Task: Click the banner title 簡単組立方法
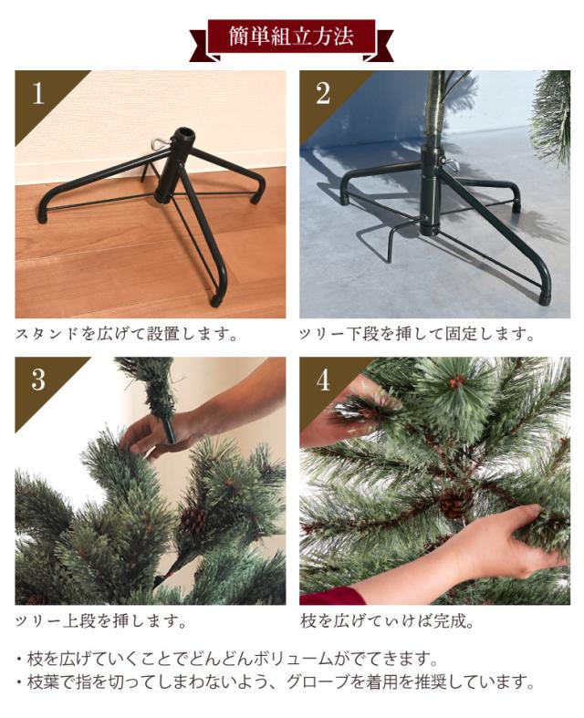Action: (291, 37)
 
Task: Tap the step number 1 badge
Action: (37, 95)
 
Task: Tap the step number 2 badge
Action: (323, 94)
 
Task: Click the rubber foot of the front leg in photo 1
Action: (217, 298)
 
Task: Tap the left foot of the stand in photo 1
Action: (42, 216)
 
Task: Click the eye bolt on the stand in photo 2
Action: (449, 163)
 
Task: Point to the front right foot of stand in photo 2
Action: (545, 297)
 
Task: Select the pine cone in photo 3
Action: (193, 521)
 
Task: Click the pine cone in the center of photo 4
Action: (454, 503)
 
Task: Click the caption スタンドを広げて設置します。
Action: (127, 334)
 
